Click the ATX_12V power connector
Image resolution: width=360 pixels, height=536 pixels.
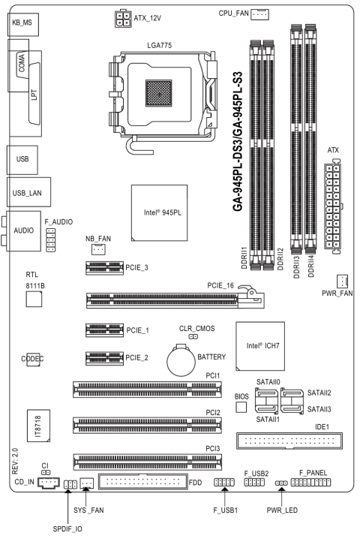coord(123,19)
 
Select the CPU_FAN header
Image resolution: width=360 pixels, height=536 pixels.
coord(259,14)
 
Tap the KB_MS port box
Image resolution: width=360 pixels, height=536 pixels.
coord(23,24)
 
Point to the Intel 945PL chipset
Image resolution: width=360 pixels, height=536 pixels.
coord(160,213)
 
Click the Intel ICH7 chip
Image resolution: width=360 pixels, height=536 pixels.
coord(260,346)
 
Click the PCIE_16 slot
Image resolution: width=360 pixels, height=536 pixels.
coord(175,300)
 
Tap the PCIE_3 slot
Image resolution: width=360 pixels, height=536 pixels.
coord(104,268)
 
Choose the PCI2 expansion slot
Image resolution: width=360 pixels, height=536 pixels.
coord(147,425)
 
